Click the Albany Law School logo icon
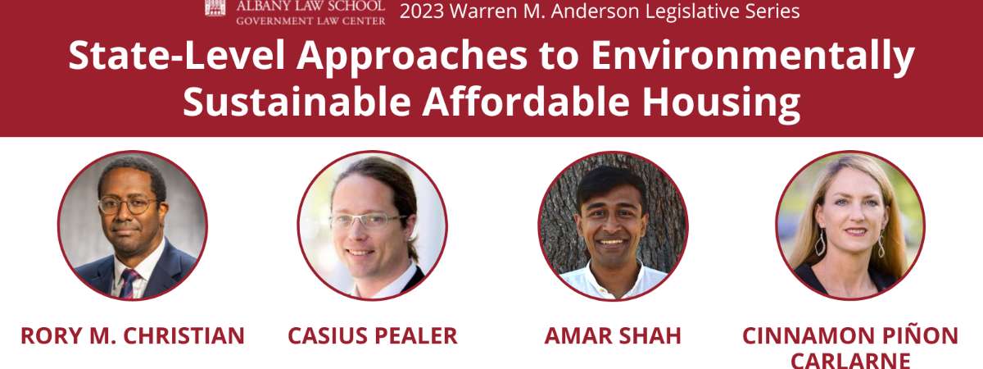pyautogui.click(x=215, y=8)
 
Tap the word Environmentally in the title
pyautogui.click(x=753, y=57)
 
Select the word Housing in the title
pyautogui.click(x=721, y=102)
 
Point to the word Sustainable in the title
pyautogui.click(x=297, y=102)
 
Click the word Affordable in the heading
pyautogui.click(x=526, y=102)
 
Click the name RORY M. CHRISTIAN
pyautogui.click(x=133, y=336)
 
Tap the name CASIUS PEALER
pyautogui.click(x=373, y=336)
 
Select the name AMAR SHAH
pyautogui.click(x=613, y=336)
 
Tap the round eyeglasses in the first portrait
pyautogui.click(x=128, y=205)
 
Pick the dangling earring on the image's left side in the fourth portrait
pyautogui.click(x=820, y=242)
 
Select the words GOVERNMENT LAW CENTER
pyautogui.click(x=310, y=20)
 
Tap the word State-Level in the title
pyautogui.click(x=176, y=56)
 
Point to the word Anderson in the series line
pyautogui.click(x=595, y=11)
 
